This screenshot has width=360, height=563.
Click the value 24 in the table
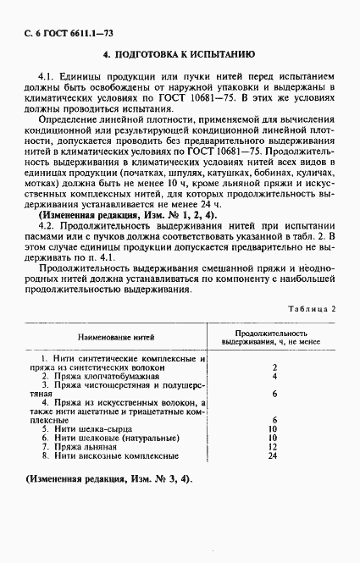click(x=273, y=455)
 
